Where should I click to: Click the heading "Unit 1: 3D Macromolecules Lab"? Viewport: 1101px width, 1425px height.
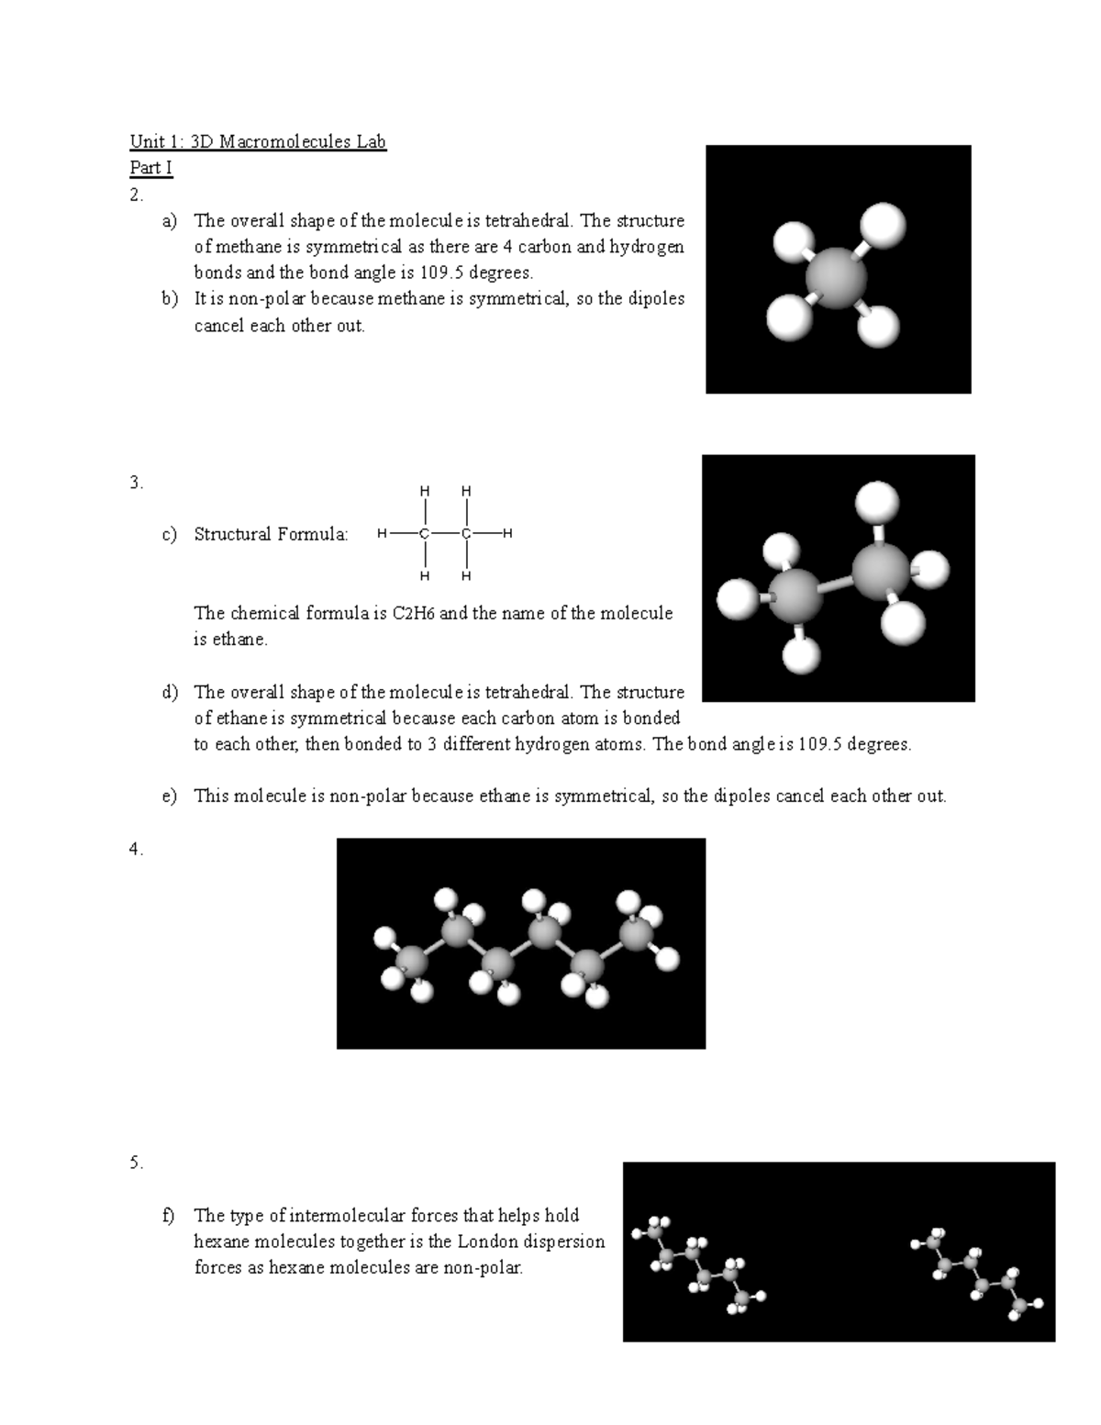click(258, 142)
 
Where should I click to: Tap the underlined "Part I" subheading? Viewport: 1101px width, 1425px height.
click(150, 168)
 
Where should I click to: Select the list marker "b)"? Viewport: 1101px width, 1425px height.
click(170, 299)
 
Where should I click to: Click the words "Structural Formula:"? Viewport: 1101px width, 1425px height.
click(271, 534)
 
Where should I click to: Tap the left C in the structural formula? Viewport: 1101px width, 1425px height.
click(424, 534)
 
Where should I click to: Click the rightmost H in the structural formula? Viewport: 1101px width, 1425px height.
click(508, 534)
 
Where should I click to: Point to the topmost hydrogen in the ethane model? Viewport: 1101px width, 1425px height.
click(876, 502)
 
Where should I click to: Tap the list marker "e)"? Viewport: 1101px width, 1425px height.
click(170, 796)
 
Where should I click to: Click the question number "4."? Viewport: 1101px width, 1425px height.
click(137, 850)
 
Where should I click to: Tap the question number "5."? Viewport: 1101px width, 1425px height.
click(137, 1163)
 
